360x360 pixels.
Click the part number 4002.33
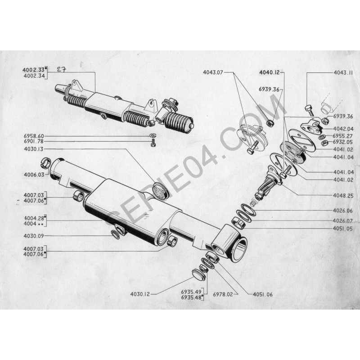tap(34, 70)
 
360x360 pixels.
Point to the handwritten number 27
tap(63, 69)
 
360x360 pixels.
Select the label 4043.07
tap(213, 72)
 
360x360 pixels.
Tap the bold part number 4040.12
tap(270, 72)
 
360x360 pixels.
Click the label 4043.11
tap(343, 72)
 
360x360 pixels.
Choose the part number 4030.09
tap(34, 235)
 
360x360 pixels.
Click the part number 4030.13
tap(34, 149)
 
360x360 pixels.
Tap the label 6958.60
tap(34, 136)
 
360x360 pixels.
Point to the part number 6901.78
tap(34, 142)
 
